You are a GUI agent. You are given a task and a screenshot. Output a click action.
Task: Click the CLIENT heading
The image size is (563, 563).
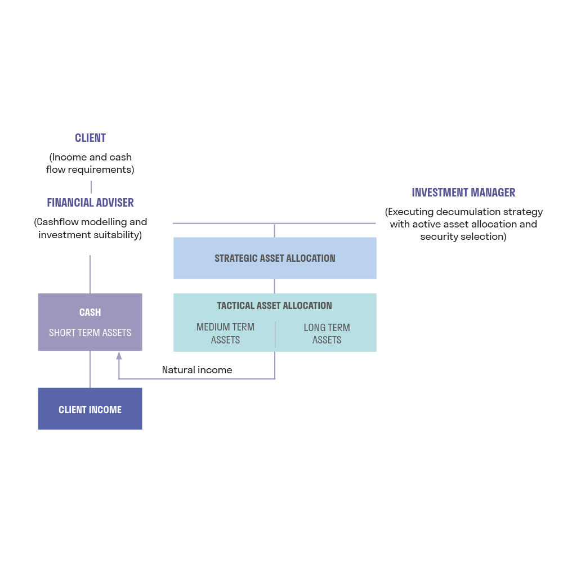pyautogui.click(x=91, y=138)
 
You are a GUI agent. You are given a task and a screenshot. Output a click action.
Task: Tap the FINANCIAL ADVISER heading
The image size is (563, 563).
pyautogui.click(x=90, y=203)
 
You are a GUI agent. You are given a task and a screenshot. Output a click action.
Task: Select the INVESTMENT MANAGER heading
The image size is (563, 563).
pyautogui.click(x=463, y=193)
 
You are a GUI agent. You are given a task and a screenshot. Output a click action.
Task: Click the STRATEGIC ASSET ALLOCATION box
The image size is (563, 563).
pyautogui.click(x=275, y=258)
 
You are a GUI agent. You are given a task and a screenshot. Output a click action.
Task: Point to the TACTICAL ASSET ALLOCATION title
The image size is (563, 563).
pyautogui.click(x=275, y=306)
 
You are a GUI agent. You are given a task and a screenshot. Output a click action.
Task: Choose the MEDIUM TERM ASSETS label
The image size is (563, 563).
pyautogui.click(x=225, y=333)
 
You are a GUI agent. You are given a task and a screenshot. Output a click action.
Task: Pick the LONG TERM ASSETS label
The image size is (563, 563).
pyautogui.click(x=327, y=333)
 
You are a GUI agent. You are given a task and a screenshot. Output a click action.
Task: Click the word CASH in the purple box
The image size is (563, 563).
pyautogui.click(x=90, y=312)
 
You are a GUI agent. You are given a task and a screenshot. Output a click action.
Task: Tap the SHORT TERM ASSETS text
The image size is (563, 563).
pyautogui.click(x=90, y=333)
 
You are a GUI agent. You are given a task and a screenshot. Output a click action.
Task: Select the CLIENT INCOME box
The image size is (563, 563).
pyautogui.click(x=90, y=409)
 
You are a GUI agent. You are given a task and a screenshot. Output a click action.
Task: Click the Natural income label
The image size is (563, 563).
pyautogui.click(x=197, y=370)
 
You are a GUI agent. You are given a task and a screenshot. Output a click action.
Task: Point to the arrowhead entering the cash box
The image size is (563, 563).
pyautogui.click(x=119, y=356)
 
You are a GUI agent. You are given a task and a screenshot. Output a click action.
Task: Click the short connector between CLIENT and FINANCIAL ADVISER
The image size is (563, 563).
pyautogui.click(x=91, y=187)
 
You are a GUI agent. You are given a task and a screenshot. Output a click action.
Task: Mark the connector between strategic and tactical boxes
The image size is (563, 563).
pyautogui.click(x=275, y=286)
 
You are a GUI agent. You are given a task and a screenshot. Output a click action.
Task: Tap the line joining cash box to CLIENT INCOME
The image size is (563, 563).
pyautogui.click(x=90, y=369)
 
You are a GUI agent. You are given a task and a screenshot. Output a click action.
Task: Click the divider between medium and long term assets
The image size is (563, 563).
pyautogui.click(x=275, y=334)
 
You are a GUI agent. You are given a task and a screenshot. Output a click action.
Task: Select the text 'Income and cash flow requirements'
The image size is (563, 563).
pyautogui.click(x=91, y=163)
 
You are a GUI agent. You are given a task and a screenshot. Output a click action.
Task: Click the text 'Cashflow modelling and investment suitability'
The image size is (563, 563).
pyautogui.click(x=91, y=229)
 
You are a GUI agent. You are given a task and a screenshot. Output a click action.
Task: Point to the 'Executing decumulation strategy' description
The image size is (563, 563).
pyautogui.click(x=463, y=224)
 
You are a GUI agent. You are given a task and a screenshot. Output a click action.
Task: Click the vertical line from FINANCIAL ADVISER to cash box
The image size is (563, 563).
pyautogui.click(x=90, y=274)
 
